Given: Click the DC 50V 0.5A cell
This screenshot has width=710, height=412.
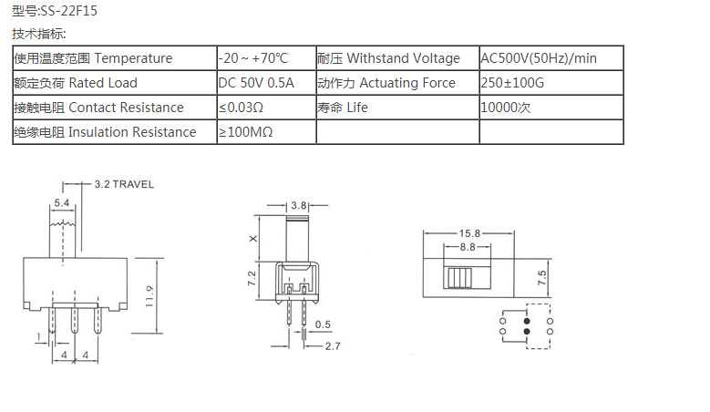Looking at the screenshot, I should (256, 83).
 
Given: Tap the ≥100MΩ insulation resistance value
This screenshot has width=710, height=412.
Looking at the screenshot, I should (245, 132).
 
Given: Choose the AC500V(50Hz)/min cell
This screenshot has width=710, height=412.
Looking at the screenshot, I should (539, 58).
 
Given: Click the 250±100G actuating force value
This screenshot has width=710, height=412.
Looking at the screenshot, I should (513, 83).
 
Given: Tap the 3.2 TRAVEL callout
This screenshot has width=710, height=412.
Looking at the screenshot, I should (124, 184).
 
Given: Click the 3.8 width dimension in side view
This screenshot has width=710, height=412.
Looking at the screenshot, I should (298, 205).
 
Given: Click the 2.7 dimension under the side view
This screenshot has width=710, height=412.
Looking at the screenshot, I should (332, 346).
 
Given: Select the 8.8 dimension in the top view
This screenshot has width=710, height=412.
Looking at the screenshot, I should (468, 247).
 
